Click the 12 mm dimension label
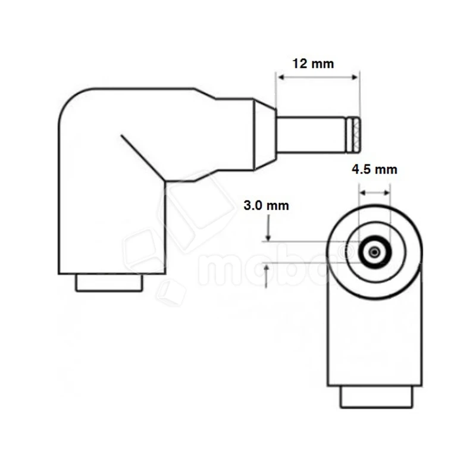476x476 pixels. point(314,64)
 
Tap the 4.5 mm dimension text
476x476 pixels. point(374,170)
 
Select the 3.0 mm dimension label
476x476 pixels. point(267,206)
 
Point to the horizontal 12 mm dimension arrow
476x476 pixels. point(318,77)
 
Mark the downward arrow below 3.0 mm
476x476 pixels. point(268,229)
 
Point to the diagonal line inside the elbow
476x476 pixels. point(142,156)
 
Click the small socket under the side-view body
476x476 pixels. point(109,282)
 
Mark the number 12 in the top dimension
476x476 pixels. point(300,64)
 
